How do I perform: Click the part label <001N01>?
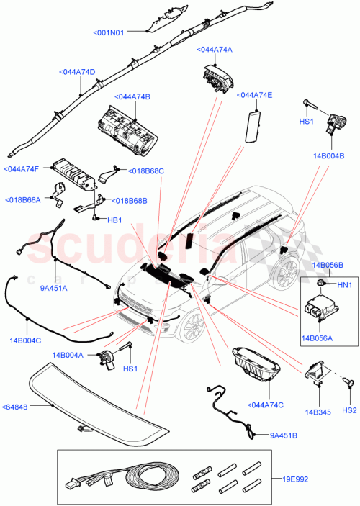coord(109,32)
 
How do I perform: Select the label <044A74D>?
coord(77,72)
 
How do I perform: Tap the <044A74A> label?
coord(214,50)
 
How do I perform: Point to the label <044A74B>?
coord(131,96)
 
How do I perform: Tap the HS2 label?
coord(349,410)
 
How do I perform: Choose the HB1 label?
coord(114,220)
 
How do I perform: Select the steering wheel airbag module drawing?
coord(218,76)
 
